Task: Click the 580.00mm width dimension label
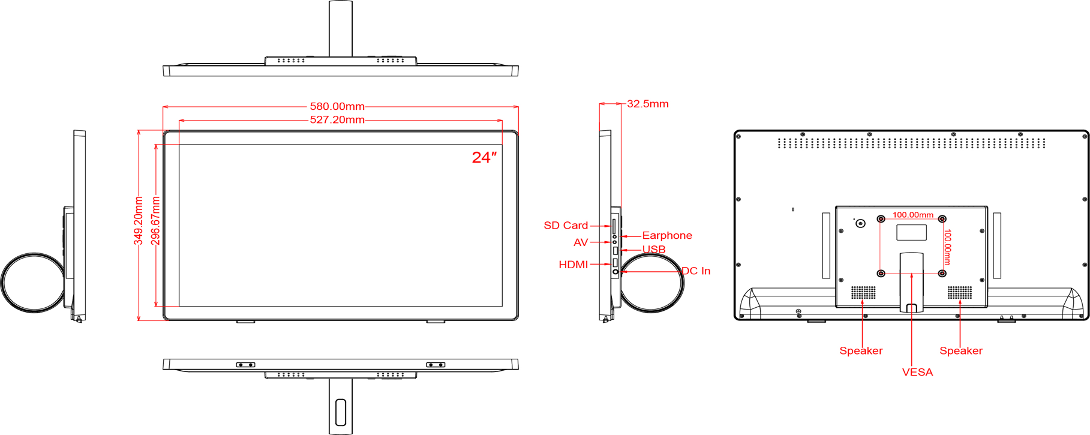click(337, 106)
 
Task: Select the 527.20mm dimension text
click(337, 120)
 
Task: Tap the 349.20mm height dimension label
click(139, 220)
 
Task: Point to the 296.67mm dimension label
click(155, 220)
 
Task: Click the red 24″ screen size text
click(484, 157)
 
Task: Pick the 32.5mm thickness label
click(648, 104)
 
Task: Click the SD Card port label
click(566, 226)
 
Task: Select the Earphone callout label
click(667, 236)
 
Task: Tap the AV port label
click(581, 242)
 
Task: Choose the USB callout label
click(654, 250)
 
